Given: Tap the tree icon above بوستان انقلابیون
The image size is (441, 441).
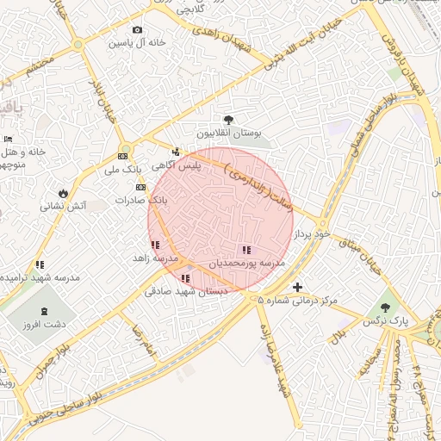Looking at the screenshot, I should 228,121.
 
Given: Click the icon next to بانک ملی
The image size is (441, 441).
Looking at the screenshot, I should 122,157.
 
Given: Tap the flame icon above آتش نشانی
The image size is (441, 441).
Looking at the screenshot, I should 63,192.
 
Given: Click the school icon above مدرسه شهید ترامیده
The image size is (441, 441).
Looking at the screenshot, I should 40,264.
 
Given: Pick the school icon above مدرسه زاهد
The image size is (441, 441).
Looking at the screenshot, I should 155,245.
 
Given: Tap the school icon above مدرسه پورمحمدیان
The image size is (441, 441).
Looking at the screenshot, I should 247,250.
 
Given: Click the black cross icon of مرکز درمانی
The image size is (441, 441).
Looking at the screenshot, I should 298,287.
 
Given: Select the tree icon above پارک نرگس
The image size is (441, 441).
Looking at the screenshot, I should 384,307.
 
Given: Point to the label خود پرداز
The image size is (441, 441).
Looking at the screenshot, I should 312,234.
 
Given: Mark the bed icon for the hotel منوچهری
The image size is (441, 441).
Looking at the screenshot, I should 9,139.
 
